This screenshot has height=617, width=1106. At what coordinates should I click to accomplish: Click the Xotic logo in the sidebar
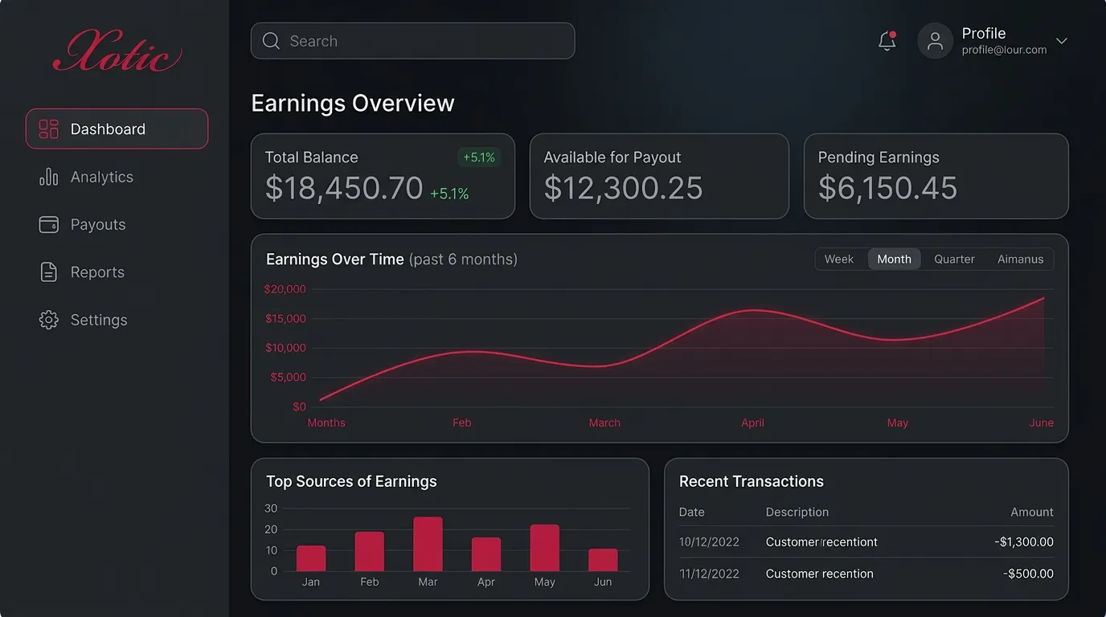(117, 51)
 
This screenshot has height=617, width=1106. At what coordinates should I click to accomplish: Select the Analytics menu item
(101, 177)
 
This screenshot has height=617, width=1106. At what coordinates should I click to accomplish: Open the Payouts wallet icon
(49, 225)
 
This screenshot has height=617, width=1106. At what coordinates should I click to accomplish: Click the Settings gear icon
(49, 320)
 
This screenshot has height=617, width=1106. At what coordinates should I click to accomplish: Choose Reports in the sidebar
(97, 272)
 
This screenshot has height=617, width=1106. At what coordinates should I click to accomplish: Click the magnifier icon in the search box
(272, 41)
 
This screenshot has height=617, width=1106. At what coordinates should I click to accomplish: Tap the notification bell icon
(887, 41)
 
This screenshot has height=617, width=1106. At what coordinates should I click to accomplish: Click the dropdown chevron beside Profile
(1061, 41)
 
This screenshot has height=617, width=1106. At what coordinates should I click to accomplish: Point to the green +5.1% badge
(479, 157)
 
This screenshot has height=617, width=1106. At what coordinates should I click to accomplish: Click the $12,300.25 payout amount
(623, 189)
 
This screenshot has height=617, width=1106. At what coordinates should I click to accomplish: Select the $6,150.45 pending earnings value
(887, 189)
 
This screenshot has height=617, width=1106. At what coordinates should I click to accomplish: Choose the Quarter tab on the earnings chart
(954, 259)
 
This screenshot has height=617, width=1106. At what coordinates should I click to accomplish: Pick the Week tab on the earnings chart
(838, 259)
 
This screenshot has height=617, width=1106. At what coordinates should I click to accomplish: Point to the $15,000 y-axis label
(286, 319)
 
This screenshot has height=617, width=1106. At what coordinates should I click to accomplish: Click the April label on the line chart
(752, 423)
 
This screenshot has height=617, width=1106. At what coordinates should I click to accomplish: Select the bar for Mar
(428, 544)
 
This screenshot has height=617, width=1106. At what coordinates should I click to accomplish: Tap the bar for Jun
(603, 559)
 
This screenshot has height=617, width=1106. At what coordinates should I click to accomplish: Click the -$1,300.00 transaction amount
(1023, 542)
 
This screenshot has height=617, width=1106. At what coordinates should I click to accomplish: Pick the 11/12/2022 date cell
(709, 574)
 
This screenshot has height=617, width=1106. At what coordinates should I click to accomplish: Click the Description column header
(797, 512)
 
